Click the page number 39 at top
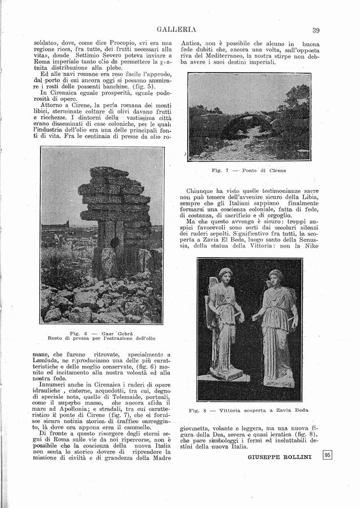coord(316,30)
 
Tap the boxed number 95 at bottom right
coord(328,456)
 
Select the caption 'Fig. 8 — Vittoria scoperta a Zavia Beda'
coord(250,411)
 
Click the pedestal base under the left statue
coord(226,374)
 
